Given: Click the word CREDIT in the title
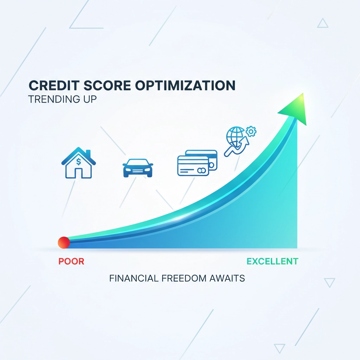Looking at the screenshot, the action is point(54,86).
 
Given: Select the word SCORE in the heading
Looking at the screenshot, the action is point(107,86).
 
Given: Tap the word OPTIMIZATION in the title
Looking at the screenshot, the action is point(185,86).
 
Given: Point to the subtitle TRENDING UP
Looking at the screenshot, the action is point(63,99).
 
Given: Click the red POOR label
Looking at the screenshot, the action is point(71,261).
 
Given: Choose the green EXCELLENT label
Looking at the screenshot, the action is point(272,261).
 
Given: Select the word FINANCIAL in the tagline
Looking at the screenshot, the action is point(134,278).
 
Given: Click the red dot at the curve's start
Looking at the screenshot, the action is point(64,243).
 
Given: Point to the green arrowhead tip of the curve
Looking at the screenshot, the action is point(303,93).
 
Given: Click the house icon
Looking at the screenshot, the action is point(78,163).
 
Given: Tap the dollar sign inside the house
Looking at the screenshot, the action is point(78,162).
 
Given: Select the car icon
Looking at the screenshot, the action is point(138,168).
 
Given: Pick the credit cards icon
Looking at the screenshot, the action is point(197,163).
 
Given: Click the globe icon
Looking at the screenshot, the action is point(235,136).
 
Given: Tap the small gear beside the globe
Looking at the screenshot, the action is point(251,131).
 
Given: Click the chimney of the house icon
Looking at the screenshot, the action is point(88,153).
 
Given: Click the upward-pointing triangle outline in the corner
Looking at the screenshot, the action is point(323,23).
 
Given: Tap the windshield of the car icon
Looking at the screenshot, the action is point(138,162).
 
